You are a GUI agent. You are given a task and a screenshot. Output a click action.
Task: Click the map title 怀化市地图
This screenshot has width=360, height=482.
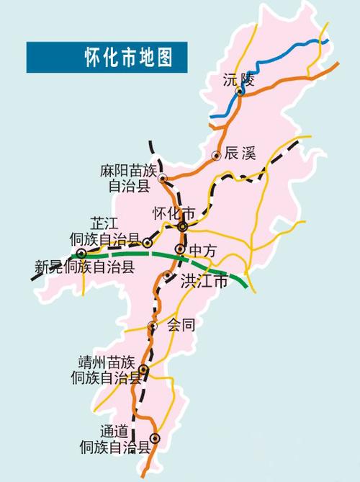tap(126, 58)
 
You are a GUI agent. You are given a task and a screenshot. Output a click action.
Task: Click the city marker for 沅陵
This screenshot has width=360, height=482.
tap(240, 92)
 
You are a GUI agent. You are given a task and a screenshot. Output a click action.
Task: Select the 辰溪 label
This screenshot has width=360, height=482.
tap(240, 153)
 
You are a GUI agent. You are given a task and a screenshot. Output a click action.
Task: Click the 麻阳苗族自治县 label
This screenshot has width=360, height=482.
tap(128, 179)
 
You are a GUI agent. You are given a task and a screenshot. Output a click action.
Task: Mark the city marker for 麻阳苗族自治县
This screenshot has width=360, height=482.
tap(163, 177)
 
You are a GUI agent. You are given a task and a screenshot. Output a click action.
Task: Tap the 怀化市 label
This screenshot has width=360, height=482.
tap(174, 213)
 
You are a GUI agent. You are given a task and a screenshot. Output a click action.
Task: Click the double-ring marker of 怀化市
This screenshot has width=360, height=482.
tap(183, 227)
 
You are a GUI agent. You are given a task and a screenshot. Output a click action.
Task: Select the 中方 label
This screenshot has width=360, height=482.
tap(202, 250)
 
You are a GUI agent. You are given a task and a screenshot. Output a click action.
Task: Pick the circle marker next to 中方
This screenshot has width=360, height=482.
tap(180, 249)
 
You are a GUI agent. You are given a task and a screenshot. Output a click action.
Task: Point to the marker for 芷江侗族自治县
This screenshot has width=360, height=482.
tap(148, 243)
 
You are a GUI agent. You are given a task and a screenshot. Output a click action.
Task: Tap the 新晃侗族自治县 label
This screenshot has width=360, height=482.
tap(84, 267)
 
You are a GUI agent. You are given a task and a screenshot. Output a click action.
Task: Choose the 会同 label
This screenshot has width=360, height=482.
tap(181, 325)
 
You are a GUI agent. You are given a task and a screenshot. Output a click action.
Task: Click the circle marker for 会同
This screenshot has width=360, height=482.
tap(153, 326)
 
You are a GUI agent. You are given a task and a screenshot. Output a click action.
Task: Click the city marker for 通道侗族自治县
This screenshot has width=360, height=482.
tap(153, 437)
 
